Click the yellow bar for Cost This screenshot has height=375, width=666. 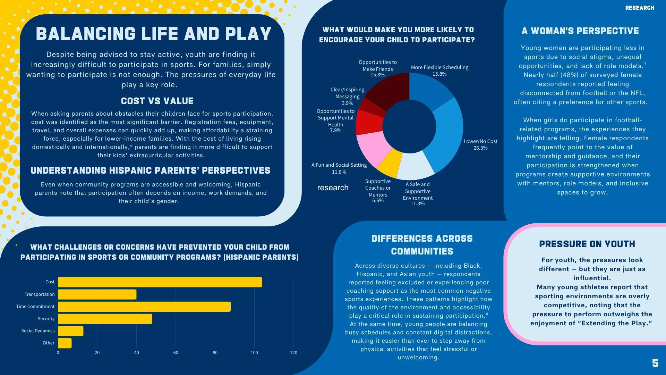coord(160,282)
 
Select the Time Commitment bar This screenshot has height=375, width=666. coord(144,307)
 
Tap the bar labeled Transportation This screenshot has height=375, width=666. coord(97,294)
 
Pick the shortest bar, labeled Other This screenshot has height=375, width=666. coord(65,343)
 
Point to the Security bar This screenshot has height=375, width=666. coord(105,319)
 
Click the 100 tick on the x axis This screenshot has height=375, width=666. coord(254,353)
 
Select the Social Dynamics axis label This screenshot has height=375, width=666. coord(38,331)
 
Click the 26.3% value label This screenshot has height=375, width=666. coord(480,148)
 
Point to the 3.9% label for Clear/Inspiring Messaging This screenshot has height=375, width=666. coord(347,103)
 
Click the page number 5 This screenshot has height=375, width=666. coord(655,363)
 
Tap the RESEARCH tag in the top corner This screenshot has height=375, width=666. coord(640,8)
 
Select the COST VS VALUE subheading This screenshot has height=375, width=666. coord(157,101)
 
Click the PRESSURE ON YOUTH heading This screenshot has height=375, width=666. coord(587,244)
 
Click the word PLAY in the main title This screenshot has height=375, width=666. coord(248,34)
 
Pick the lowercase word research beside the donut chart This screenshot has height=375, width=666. coord(333,188)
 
